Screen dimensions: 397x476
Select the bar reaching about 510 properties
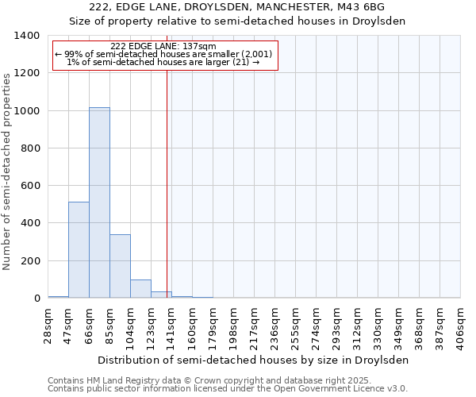79,250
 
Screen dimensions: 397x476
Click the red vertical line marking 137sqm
167,183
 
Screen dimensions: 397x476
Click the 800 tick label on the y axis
29,148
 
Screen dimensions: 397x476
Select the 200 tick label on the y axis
29,261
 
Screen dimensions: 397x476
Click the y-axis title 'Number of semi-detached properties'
7,171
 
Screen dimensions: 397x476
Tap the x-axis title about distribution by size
254,360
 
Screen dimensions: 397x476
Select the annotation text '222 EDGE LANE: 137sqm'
163,47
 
